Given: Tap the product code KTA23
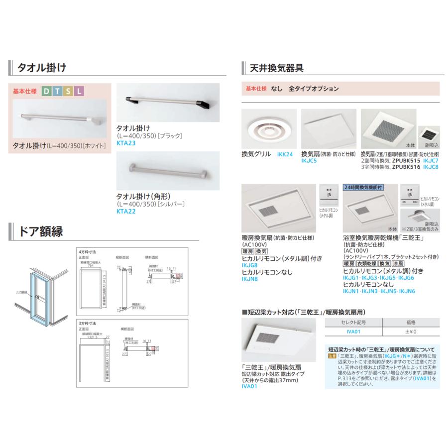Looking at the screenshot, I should click(x=125, y=142).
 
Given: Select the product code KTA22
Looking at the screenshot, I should click(x=125, y=211).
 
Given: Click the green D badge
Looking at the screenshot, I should click(x=46, y=91).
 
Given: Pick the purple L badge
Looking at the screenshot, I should click(x=80, y=91).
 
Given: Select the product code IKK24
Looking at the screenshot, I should click(x=285, y=155).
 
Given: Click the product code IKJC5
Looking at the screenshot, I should click(x=310, y=161).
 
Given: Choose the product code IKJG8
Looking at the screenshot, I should click(x=249, y=266).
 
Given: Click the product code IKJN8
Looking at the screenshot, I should click(x=249, y=280).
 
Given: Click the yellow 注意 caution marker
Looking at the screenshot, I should click(x=330, y=356).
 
